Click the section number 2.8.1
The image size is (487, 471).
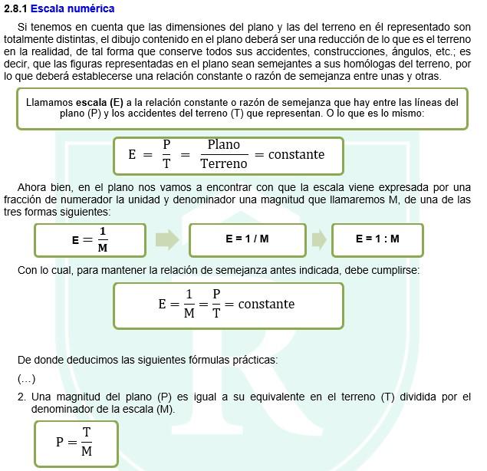coord(15,8)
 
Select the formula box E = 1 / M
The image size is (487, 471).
coord(247,239)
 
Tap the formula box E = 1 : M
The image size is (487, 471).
coord(377,239)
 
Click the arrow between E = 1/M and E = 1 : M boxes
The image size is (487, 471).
coord(318,239)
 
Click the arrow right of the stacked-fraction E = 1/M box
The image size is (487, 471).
coord(166,239)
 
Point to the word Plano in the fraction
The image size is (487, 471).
coord(224,145)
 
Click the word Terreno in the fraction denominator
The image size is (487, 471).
coord(224,163)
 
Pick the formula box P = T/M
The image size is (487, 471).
coord(76,443)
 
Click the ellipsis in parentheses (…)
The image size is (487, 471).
coord(27,379)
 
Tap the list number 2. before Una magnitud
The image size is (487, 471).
coord(21,397)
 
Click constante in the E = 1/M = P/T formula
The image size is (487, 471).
coord(266,304)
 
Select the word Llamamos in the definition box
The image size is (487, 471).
coord(49,102)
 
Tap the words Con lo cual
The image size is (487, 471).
coord(46,270)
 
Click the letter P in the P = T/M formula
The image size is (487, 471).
coord(60,443)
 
